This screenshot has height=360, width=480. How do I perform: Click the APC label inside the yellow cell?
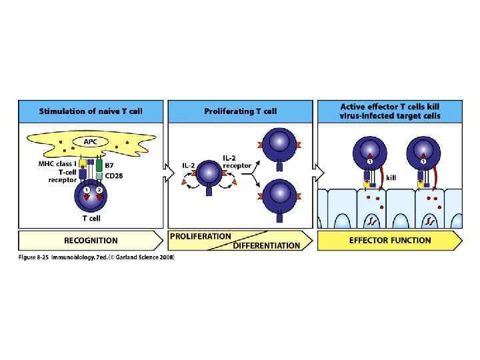pos(89,141)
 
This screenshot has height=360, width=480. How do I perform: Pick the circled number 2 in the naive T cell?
pos(99,191)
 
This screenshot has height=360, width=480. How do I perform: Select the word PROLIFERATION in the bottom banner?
pos(201,236)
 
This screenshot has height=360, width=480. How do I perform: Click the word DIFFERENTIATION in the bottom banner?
pos(267,245)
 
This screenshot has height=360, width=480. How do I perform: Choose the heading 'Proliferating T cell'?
pos(240,111)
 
